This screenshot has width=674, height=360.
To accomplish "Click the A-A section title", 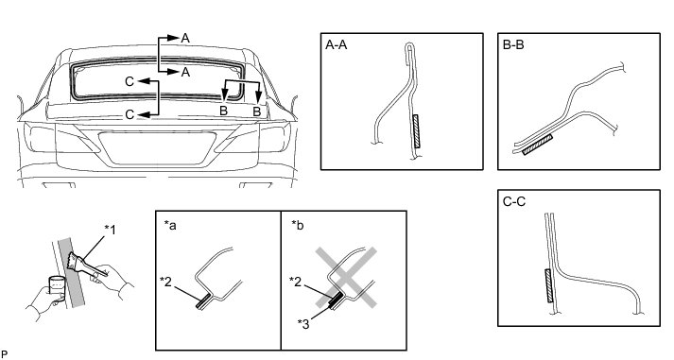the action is pyautogui.click(x=337, y=44).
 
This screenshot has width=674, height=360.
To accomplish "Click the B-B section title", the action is pyautogui.click(x=513, y=44).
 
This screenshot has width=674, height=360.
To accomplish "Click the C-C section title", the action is pyautogui.click(x=514, y=201).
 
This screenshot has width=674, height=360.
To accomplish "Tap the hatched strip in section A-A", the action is pyautogui.click(x=416, y=130).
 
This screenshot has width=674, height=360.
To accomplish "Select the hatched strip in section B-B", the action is pyautogui.click(x=537, y=145).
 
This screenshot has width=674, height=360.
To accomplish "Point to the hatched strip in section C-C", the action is pyautogui.click(x=548, y=285).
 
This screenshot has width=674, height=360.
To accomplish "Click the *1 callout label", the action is pyautogui.click(x=110, y=230).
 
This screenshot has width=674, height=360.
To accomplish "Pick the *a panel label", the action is pyautogui.click(x=170, y=225).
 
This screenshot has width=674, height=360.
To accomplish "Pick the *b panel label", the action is pyautogui.click(x=297, y=225).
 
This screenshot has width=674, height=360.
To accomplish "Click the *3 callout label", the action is pyautogui.click(x=303, y=323).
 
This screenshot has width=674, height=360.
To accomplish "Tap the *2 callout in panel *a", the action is pyautogui.click(x=165, y=281).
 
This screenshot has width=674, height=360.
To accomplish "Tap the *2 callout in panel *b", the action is pyautogui.click(x=295, y=281).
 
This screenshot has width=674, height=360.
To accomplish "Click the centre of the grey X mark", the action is pyautogui.click(x=347, y=278).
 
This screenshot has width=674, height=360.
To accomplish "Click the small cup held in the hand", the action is pyautogui.click(x=57, y=285).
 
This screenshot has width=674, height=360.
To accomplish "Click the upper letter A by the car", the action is pyautogui.click(x=185, y=38).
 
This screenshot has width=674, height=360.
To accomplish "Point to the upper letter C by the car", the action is pyautogui.click(x=130, y=81).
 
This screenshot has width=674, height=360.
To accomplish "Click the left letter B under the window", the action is pyautogui.click(x=223, y=111).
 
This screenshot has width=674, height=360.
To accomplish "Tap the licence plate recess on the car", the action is pyautogui.click(x=157, y=148).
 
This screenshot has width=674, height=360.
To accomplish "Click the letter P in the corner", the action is pyautogui.click(x=5, y=354).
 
